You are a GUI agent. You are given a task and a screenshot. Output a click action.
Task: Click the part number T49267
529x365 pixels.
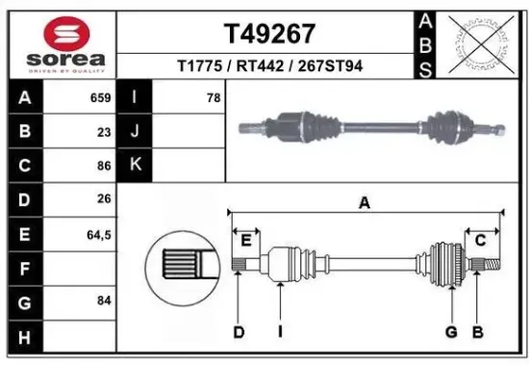point(269,35)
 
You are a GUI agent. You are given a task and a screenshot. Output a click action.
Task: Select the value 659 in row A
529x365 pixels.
point(99,97)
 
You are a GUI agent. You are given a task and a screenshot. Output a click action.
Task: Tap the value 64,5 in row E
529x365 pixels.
point(96,233)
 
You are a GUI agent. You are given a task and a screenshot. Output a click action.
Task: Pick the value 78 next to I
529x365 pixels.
point(213,97)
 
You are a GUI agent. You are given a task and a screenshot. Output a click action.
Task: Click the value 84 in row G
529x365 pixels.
point(103,301)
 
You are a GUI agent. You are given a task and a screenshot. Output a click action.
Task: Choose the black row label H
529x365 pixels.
point(24,336)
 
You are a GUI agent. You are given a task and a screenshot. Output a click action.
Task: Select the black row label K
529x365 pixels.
point(135,165)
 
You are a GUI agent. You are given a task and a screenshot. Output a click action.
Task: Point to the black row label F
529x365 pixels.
point(24,268)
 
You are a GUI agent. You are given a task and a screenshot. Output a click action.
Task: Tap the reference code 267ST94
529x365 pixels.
point(330,66)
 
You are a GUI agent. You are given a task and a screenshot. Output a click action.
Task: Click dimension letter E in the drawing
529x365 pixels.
point(246,239)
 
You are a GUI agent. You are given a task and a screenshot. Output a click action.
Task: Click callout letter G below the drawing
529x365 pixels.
point(450,333)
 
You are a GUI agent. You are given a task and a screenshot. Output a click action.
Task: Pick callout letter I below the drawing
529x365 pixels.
point(279,333)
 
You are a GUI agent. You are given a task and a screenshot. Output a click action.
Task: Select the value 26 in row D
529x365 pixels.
point(103,199)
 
